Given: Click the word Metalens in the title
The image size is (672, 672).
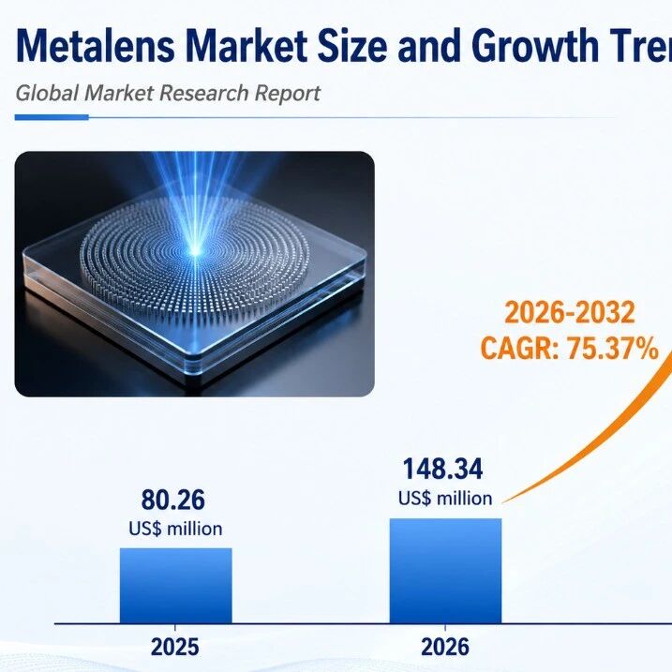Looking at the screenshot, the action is click(x=96, y=45).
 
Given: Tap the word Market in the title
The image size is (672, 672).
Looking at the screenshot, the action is click(x=246, y=45).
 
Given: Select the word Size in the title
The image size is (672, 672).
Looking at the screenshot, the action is click(x=352, y=45).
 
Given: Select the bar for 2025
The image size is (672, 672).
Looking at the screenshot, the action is click(x=175, y=586).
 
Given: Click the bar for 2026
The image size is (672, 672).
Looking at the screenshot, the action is click(x=445, y=571).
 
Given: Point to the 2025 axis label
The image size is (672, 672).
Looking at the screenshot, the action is click(x=175, y=647).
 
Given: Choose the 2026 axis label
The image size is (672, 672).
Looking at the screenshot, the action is click(x=445, y=647).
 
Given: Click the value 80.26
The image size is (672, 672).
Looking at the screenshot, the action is click(x=173, y=500).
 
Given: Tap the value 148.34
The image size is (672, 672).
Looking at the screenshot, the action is click(x=442, y=469).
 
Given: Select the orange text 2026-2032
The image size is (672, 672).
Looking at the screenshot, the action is click(x=570, y=312).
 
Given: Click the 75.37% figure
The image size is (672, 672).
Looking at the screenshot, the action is click(x=613, y=348).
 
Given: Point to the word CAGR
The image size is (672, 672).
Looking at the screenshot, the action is click(x=516, y=349).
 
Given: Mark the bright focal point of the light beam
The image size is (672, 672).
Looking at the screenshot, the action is click(x=195, y=251).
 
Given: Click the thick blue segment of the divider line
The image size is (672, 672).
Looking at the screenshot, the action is click(x=52, y=117).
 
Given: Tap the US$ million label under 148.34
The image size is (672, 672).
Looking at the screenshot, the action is click(x=445, y=499).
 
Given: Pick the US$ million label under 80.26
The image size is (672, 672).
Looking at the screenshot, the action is click(x=175, y=529).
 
